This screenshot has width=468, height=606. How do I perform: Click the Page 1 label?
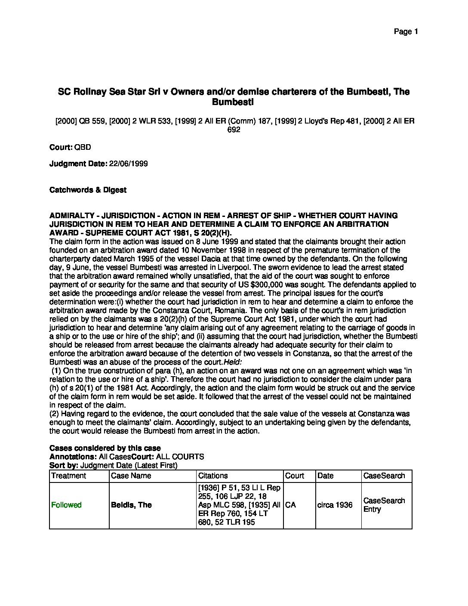click(406, 31)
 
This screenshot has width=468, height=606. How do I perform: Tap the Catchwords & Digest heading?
click(88, 190)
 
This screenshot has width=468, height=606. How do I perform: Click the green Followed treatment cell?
click(66, 505)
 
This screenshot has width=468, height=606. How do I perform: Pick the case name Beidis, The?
click(131, 505)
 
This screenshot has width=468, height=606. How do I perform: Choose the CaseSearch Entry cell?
click(384, 505)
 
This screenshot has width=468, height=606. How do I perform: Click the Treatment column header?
click(69, 476)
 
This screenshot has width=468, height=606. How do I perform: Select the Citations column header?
click(213, 476)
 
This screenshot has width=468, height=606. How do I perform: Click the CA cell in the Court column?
click(290, 505)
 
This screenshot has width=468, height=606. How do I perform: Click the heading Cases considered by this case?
click(105, 448)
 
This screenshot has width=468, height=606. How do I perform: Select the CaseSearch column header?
click(384, 476)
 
